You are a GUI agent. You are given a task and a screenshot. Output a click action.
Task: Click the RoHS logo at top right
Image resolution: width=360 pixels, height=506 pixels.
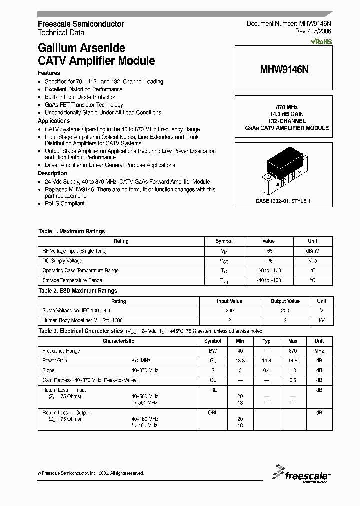321,42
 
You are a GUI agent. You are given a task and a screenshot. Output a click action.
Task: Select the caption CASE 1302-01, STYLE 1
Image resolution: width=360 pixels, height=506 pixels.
283,201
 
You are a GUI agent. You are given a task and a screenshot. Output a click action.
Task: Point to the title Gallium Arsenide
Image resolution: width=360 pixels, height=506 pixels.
81,48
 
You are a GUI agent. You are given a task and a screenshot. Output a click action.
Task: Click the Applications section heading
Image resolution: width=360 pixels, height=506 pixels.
54,121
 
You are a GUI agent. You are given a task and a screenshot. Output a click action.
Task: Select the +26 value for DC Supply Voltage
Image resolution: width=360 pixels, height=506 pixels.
268,261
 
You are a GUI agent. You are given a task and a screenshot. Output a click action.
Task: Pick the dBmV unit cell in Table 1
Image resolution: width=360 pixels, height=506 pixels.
312,251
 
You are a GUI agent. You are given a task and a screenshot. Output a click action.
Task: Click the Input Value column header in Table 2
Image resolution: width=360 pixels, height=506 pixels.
229,301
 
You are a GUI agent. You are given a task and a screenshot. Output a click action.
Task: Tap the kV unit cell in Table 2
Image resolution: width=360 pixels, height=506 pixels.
321,320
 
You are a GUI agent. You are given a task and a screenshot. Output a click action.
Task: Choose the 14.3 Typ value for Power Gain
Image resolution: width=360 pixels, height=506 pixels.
266,360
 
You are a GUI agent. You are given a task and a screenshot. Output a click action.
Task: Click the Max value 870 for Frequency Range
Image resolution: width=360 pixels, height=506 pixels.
292,351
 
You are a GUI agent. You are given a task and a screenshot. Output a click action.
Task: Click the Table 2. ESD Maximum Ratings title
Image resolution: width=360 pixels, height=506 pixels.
78,291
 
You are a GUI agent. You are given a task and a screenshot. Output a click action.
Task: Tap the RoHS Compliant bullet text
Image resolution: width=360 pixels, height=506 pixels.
65,203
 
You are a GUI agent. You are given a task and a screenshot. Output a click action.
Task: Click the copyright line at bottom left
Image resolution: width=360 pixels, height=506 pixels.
91,473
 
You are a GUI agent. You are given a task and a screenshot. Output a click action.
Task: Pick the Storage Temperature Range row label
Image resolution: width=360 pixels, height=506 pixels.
72,280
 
